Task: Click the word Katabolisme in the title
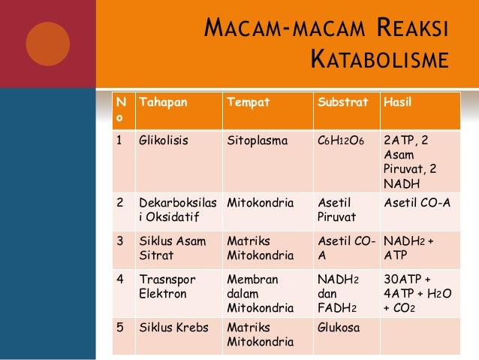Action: [x=379, y=61]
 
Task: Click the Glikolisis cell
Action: [x=164, y=140]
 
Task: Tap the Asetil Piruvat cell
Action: [x=336, y=210]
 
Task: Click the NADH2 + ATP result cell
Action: [x=409, y=247]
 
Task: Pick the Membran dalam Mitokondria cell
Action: [x=260, y=293]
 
